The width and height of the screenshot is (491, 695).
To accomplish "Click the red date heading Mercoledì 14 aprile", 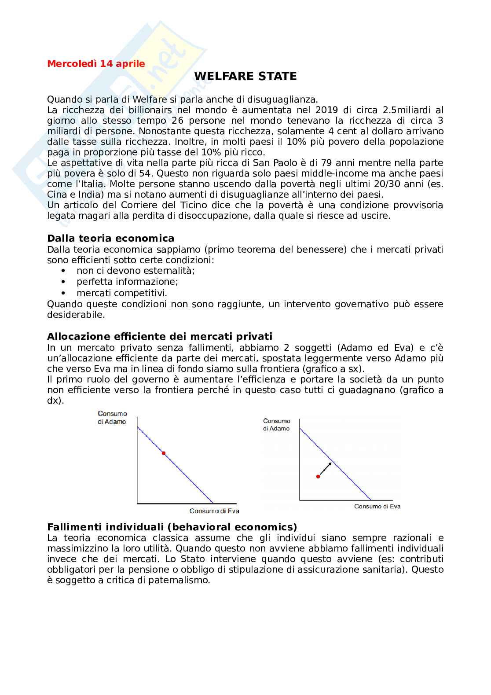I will tap(96, 64).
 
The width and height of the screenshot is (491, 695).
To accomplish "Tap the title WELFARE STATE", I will tap(245, 77).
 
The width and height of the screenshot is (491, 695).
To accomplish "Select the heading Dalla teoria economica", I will tap(110, 239).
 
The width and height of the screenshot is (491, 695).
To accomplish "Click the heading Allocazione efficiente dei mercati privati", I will tap(160, 337).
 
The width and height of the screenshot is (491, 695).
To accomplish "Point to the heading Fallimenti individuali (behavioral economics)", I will tap(172, 527).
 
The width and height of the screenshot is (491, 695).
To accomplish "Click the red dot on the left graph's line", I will tap(164, 453).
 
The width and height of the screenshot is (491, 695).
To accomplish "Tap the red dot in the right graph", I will tap(318, 476).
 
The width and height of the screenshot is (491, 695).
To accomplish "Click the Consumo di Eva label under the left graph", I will tap(214, 511).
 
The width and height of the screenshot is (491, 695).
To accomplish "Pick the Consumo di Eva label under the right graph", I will tap(377, 507).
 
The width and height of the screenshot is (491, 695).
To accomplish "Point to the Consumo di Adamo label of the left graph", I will tap(112, 418).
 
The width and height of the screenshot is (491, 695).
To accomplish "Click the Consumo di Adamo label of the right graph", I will tap(276, 425).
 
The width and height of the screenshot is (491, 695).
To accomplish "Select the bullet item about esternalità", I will tap(136, 271).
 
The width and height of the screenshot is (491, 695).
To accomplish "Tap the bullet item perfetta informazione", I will tap(127, 282).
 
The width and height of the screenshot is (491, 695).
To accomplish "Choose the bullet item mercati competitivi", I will tap(122, 293).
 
